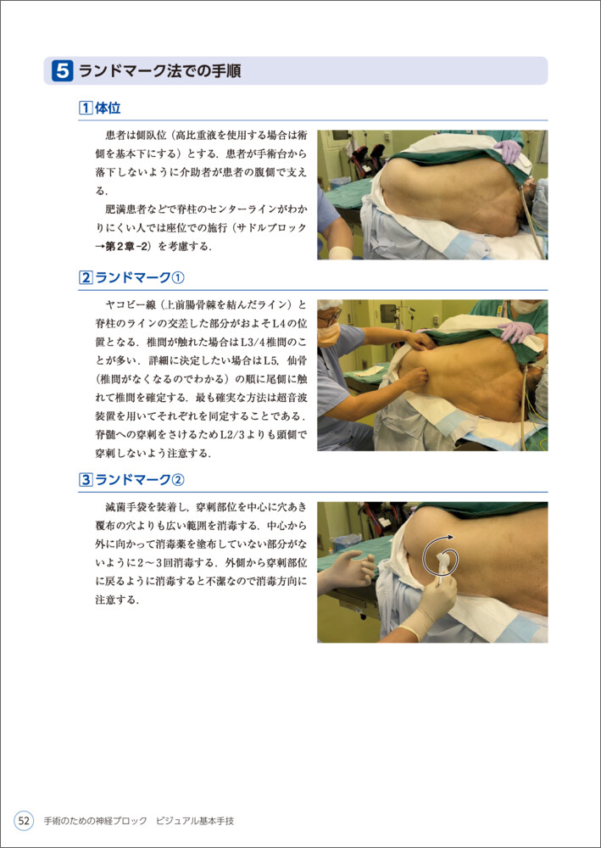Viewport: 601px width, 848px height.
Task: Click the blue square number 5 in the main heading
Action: coord(62,71)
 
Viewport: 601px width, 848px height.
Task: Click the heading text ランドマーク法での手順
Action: coord(160,71)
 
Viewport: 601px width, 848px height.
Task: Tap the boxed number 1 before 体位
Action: coord(86,109)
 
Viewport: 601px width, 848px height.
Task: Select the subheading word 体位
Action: coord(108,109)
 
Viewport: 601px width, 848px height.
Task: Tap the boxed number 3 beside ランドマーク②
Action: coord(86,480)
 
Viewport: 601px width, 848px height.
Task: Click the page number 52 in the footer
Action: coord(24,820)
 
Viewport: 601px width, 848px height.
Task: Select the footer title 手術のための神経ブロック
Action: coord(96,821)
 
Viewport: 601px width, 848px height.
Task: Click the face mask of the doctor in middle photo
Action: coord(328,334)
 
